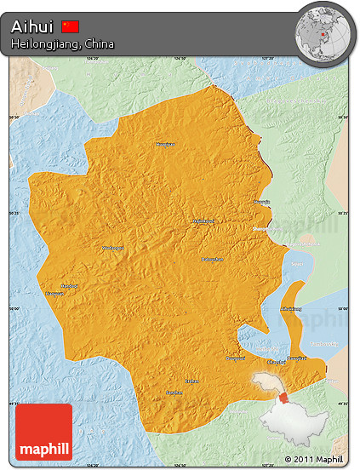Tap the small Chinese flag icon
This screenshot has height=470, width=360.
click(71, 26)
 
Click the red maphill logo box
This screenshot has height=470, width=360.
click(43, 432)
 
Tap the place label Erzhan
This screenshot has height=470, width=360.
click(193, 381)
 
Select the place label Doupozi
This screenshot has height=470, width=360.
click(234, 358)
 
